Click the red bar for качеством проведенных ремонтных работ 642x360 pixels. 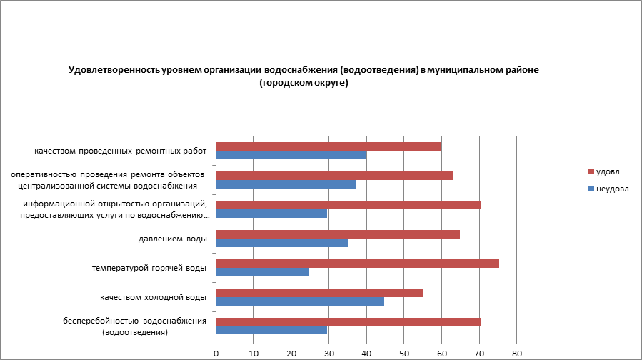point(328,146)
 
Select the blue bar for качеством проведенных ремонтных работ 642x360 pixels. point(291,155)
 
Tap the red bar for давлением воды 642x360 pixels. point(338,234)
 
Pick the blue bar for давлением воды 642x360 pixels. point(282,243)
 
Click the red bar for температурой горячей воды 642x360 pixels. point(357,264)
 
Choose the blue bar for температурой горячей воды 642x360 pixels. point(262,272)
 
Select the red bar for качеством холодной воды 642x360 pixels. point(319,293)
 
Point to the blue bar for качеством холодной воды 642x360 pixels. point(300,301)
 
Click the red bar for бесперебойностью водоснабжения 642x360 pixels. point(348,321)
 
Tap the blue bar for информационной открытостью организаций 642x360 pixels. point(271,214)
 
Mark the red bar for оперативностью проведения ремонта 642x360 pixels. point(334,176)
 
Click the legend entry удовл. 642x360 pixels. point(608,171)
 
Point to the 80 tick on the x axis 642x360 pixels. point(518,352)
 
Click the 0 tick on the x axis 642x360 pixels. point(216,352)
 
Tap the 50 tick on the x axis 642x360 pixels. point(404,352)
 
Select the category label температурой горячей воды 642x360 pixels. point(149,268)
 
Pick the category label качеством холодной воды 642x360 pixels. point(153,297)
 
